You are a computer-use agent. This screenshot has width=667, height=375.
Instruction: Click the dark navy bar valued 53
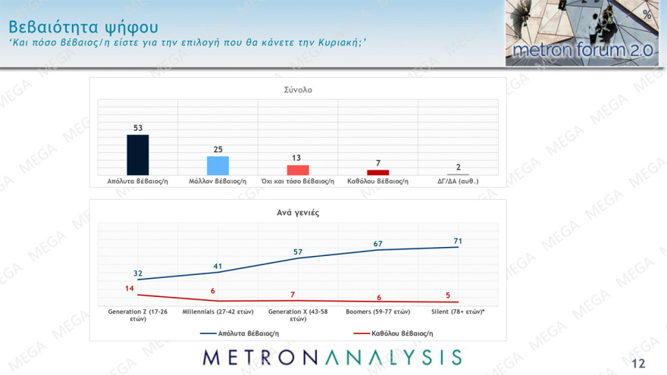138,155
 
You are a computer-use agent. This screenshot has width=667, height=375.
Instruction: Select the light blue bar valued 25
218,165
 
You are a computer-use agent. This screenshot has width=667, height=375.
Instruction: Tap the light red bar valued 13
298,170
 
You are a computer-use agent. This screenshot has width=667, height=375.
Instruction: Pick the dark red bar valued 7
377,172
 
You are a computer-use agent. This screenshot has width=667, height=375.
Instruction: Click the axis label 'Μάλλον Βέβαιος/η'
218,182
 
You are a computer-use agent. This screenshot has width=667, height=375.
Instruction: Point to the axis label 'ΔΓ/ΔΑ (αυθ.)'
458,182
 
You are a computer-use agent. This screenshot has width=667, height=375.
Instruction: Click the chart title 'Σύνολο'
298,89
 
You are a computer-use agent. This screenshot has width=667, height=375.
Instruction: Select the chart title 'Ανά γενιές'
298,213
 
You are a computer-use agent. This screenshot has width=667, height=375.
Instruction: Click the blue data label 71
458,241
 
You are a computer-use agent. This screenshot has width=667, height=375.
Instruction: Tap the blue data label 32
138,273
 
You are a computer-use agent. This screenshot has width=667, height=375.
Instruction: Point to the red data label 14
129,289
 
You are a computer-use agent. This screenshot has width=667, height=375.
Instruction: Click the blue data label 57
298,252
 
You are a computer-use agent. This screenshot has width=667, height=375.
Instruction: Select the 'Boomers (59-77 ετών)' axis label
377,311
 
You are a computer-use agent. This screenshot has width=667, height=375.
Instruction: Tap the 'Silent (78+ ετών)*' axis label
458,311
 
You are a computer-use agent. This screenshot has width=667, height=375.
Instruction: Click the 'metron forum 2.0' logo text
580,51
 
